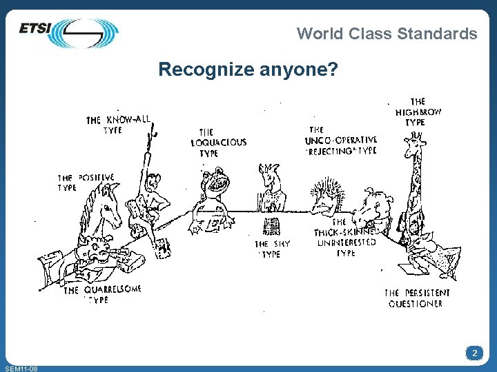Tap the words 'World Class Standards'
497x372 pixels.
(387, 33)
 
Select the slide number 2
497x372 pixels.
(474, 353)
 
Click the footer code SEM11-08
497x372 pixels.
(21, 369)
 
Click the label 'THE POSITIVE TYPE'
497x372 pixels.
(86, 182)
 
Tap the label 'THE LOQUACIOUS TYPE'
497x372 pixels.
(217, 143)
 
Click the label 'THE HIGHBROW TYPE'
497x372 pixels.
(418, 112)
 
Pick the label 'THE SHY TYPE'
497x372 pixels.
(272, 249)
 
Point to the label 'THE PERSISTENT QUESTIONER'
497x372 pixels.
(417, 298)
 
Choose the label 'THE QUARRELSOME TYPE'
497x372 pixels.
(102, 294)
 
